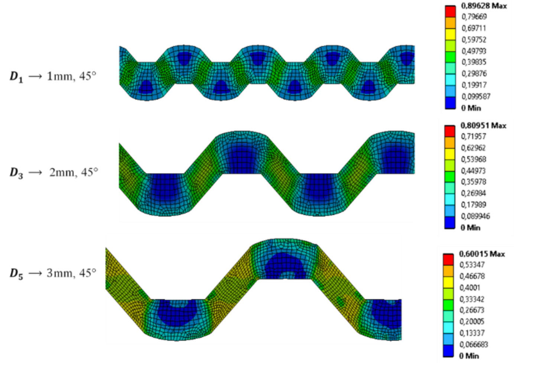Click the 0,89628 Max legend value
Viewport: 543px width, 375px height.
(x=484, y=6)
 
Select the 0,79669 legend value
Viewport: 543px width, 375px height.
(x=474, y=16)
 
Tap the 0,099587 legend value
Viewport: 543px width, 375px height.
(x=476, y=96)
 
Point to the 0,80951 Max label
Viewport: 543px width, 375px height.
(x=483, y=126)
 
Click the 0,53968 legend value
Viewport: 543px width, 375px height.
(x=474, y=159)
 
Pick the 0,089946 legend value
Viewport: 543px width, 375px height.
(x=475, y=216)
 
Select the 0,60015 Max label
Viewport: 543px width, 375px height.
(x=482, y=254)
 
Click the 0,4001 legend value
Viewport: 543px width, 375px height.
(x=470, y=288)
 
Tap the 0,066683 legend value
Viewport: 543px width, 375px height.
(x=474, y=344)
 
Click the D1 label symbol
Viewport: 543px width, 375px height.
(x=16, y=77)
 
